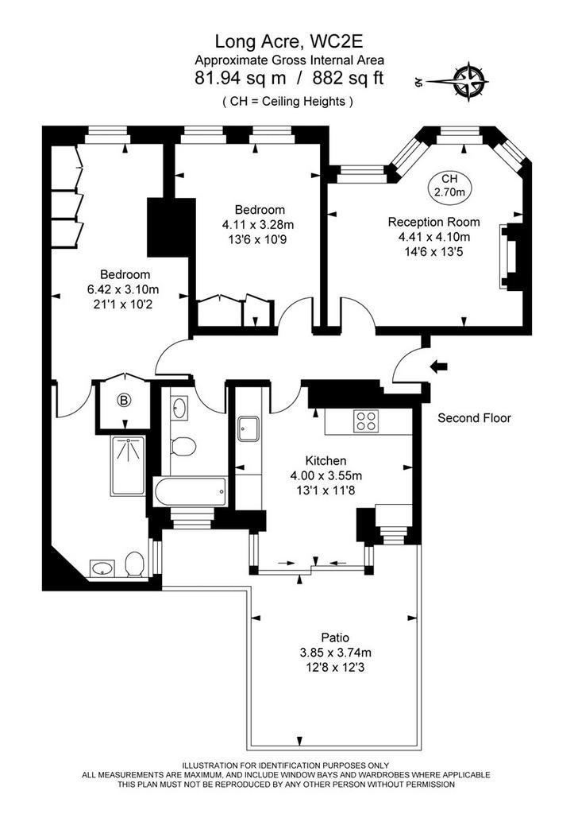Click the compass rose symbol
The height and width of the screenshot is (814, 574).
(471, 81)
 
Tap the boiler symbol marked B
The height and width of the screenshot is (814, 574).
(124, 401)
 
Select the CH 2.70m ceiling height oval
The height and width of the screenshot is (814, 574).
(449, 186)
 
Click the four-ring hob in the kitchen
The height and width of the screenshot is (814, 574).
(365, 421)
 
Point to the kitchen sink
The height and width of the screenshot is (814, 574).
(248, 428)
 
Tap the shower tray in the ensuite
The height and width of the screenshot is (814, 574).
(128, 465)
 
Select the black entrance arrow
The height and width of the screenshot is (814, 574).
(439, 367)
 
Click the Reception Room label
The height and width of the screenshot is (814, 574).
(434, 223)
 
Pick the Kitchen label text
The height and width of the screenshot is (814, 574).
(326, 460)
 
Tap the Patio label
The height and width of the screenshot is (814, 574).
(335, 638)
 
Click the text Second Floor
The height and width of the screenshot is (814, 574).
(474, 418)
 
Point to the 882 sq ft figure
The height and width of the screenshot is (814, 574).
(348, 78)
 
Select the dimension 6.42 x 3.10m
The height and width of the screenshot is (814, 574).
(123, 289)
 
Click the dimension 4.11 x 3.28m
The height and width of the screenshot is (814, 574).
(258, 225)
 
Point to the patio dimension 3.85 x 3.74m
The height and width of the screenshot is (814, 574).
(335, 653)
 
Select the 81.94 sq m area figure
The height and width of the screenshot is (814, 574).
(240, 78)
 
